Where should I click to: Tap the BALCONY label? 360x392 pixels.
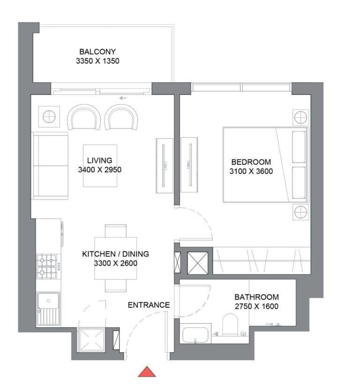(x=97, y=52)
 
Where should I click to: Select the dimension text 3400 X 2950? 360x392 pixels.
(x=100, y=170)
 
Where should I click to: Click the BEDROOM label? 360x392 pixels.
(x=251, y=163)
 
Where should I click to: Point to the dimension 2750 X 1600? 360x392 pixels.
(x=256, y=307)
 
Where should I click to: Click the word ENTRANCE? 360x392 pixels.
(x=149, y=305)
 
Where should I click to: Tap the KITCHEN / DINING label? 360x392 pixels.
(x=115, y=254)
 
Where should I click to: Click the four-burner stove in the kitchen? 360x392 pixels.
(x=47, y=266)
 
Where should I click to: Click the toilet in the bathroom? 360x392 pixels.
(x=230, y=324)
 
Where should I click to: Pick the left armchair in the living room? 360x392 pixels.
(x=84, y=117)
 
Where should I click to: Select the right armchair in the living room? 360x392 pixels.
(x=121, y=117)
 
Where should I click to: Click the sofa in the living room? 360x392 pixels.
(x=50, y=165)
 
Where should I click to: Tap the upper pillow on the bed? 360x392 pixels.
(x=299, y=146)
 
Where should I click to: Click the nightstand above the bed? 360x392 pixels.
(x=300, y=116)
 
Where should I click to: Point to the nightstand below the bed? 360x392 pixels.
(x=300, y=212)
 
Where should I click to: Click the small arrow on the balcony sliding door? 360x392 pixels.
(x=123, y=98)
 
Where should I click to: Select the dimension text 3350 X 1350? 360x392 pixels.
(x=97, y=61)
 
